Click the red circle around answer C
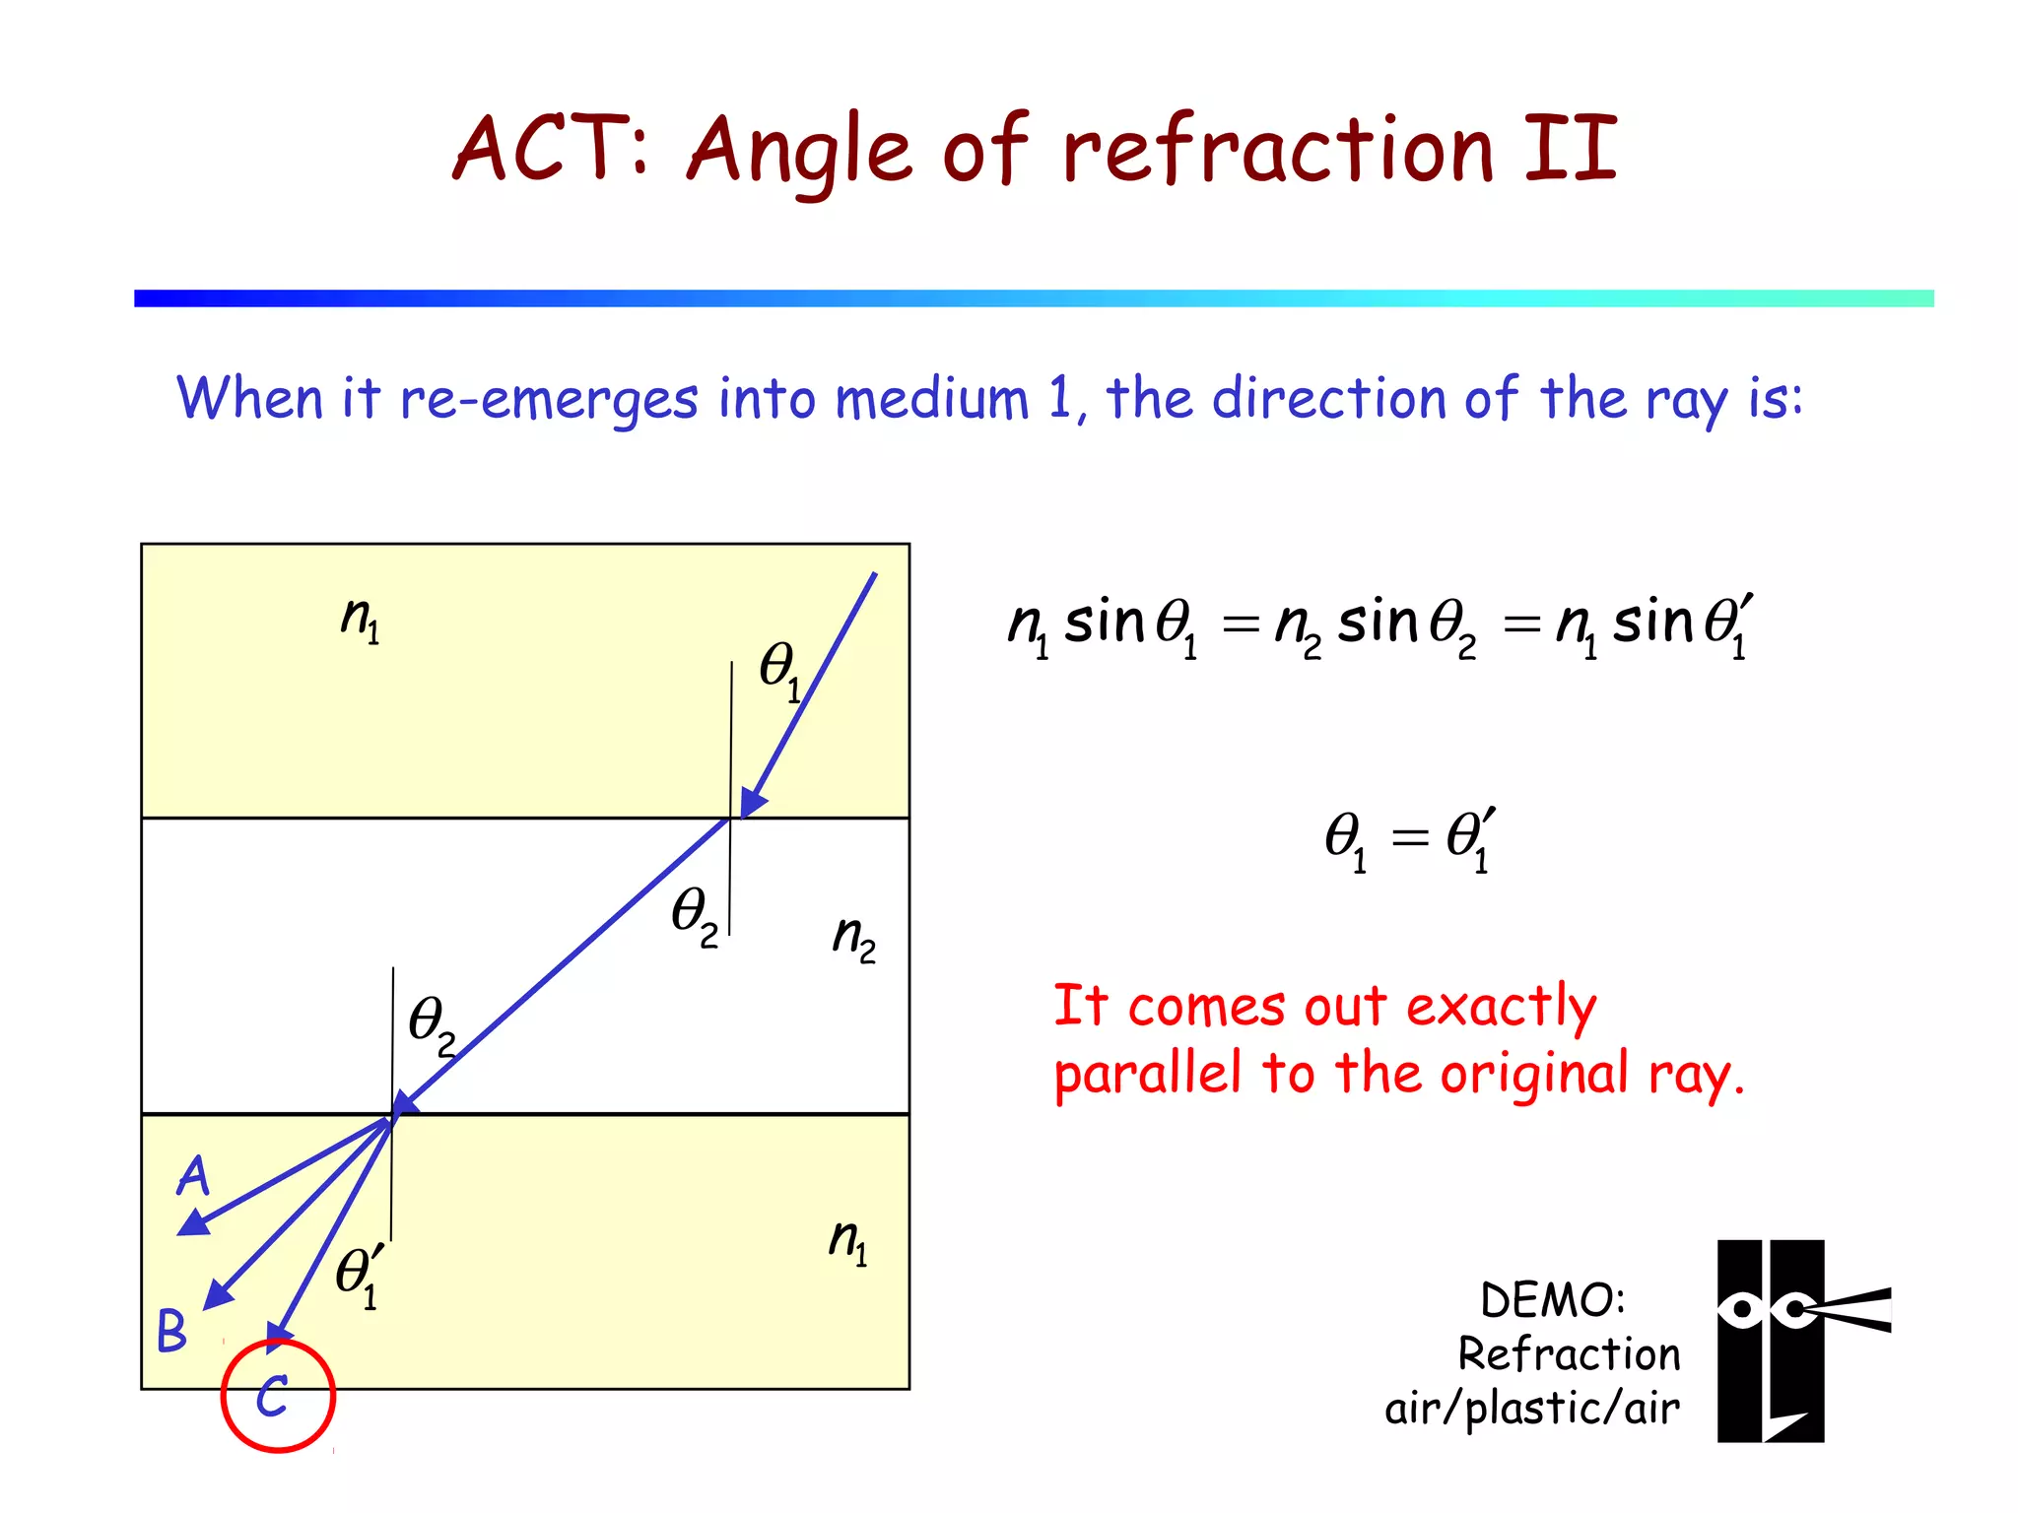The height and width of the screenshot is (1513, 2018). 278,1395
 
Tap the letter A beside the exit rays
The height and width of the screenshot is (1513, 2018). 194,1175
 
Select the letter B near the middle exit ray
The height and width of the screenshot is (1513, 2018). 171,1330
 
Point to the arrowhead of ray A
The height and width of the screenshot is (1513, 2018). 191,1224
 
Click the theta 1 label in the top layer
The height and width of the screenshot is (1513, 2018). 780,671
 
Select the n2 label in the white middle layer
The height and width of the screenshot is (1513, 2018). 853,937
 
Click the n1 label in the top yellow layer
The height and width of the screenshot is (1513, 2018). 361,619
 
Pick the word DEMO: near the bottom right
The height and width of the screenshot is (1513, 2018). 1552,1300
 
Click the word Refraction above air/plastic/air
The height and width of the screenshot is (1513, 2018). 1569,1354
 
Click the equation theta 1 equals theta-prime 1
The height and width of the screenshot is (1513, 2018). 1410,839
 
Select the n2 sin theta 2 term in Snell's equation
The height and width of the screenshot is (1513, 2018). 1376,626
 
